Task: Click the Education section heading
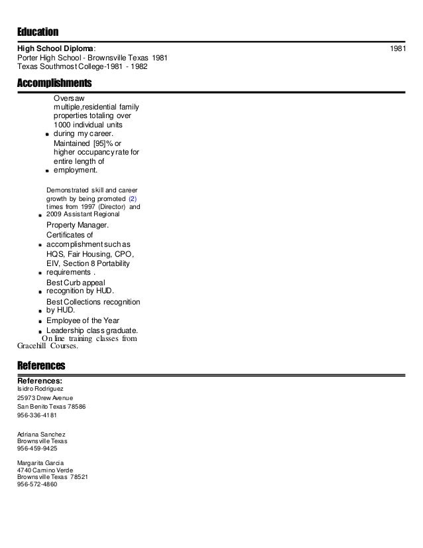coord(38,33)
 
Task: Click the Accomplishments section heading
coord(54,84)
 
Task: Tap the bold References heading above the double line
coord(40,366)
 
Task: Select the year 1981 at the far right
coord(398,48)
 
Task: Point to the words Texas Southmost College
coord(64,67)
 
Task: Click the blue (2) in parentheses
coord(133,198)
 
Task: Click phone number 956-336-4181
coord(37,415)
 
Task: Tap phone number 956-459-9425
coord(37,448)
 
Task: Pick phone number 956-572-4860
coord(37,484)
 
